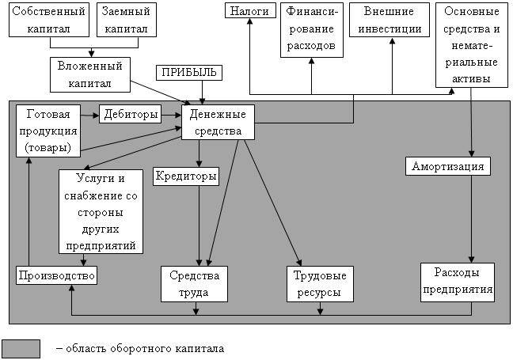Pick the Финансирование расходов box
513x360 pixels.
coord(311,28)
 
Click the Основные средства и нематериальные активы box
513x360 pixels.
coord(472,45)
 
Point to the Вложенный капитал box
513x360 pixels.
coord(88,74)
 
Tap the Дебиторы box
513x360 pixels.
coord(129,114)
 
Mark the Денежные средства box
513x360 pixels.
coord(218,123)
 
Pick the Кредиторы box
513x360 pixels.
coord(187,176)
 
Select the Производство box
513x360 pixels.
coord(56,275)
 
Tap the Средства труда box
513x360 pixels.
coord(195,283)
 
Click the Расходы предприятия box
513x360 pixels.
coord(457,282)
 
